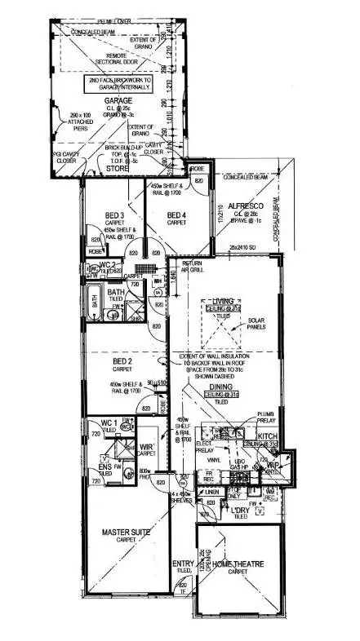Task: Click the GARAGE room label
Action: (x=118, y=100)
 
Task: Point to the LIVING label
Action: (x=223, y=301)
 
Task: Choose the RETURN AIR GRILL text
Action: (x=194, y=265)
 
